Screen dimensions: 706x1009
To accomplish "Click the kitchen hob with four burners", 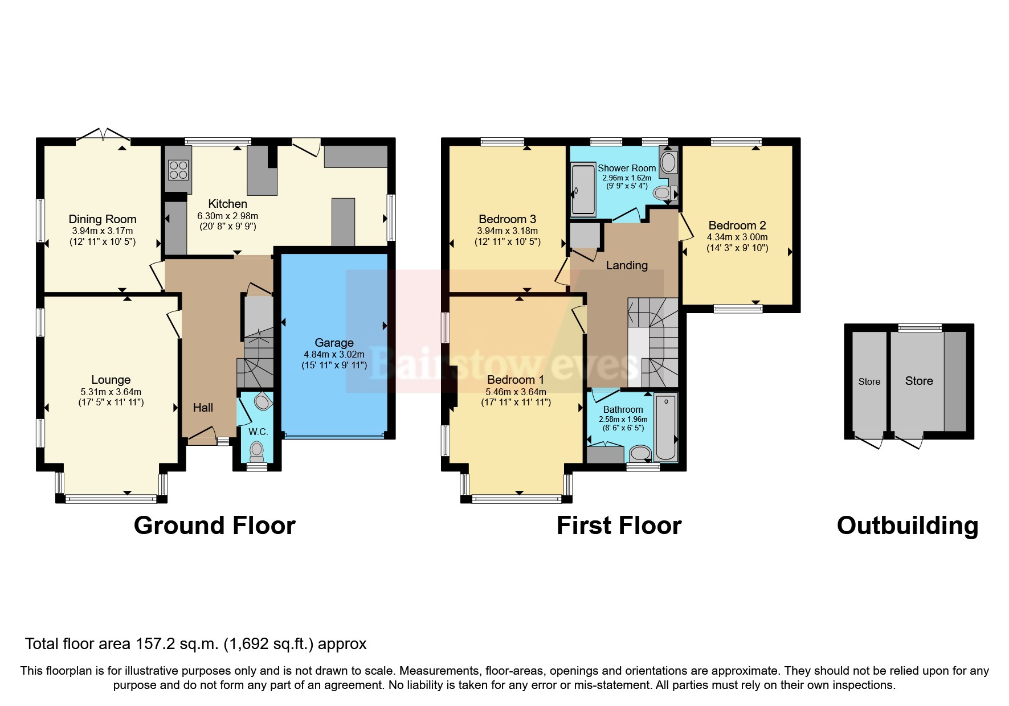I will coord(178,170).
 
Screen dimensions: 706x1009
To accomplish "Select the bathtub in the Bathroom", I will coord(665,427).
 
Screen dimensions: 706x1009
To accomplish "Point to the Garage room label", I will coord(334,343).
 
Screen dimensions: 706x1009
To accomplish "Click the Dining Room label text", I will coord(103,219).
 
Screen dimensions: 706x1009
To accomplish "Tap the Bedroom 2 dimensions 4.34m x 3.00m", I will coord(737,237).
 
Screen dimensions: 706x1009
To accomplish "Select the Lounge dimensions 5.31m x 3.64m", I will coord(111,392).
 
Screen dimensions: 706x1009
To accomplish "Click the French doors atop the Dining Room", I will coord(103,135).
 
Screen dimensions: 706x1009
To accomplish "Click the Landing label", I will coord(627,265).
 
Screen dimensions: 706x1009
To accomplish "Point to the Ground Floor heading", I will coord(215,526).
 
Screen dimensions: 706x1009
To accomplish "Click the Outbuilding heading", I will coord(908,526).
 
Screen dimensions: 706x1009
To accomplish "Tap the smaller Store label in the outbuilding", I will coord(869,382).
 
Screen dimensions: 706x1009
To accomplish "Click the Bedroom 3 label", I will coord(507,219).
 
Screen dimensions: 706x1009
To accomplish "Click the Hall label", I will coord(203,408).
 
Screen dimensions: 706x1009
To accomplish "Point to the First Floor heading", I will coord(619,526).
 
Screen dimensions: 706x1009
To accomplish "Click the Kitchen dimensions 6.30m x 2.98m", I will coord(228,216).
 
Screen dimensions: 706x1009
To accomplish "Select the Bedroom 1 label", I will coord(515,380).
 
